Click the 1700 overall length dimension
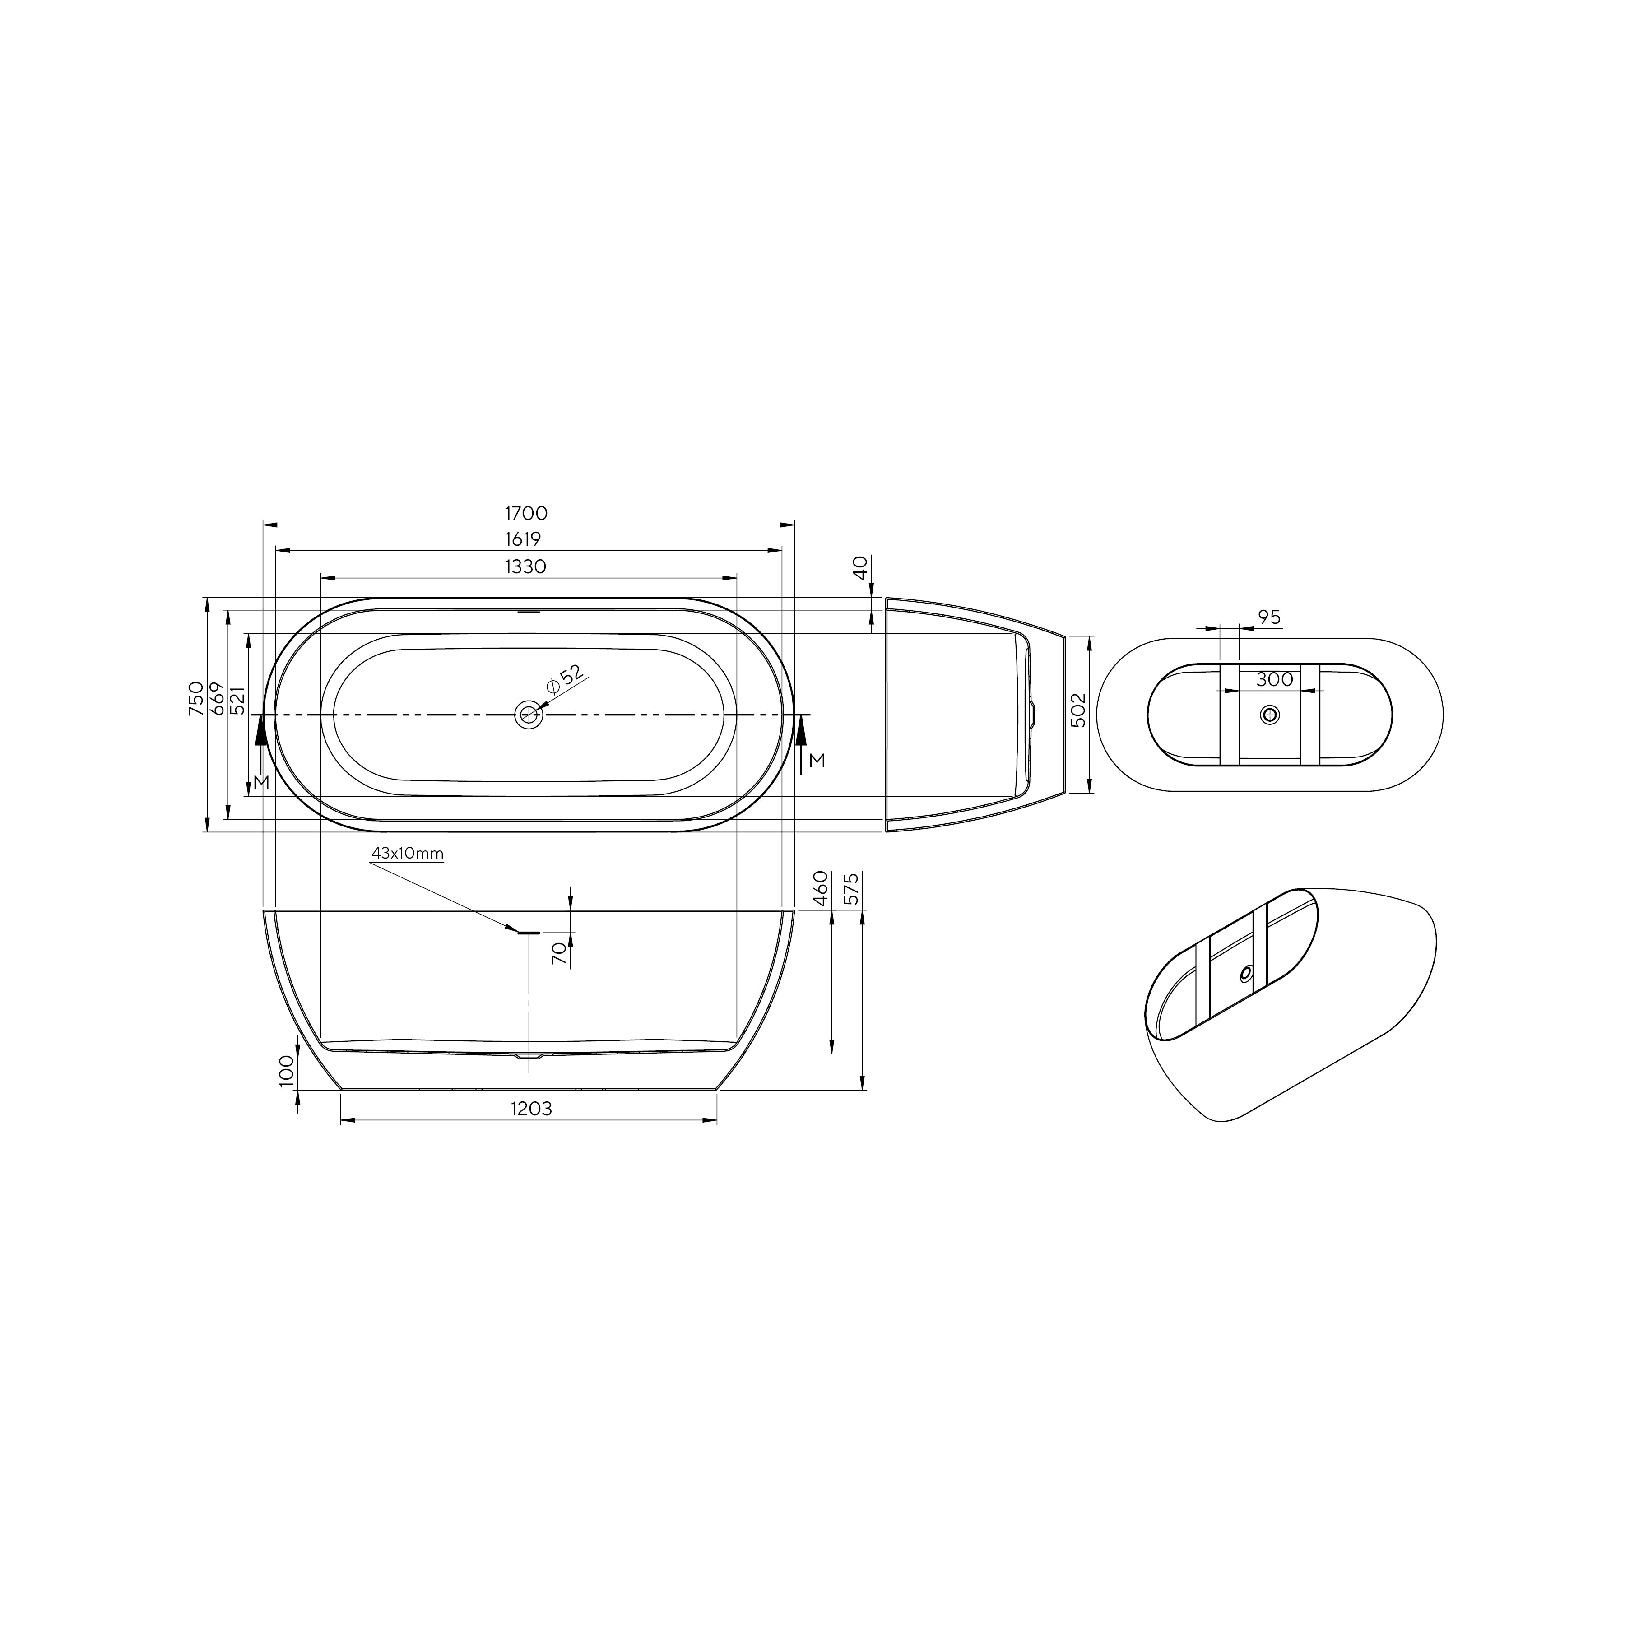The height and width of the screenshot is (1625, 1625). coord(526,513)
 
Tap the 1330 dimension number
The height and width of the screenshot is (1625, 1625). coord(526,567)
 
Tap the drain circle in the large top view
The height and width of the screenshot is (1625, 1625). coord(529,714)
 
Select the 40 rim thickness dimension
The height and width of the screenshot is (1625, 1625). coord(859,568)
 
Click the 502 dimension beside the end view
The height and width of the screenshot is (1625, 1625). coord(1080,710)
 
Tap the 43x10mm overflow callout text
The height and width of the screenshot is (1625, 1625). coord(407,854)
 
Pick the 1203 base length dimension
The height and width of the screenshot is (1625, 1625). coord(531,1109)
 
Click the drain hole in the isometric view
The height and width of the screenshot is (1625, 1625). coord(1246,973)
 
